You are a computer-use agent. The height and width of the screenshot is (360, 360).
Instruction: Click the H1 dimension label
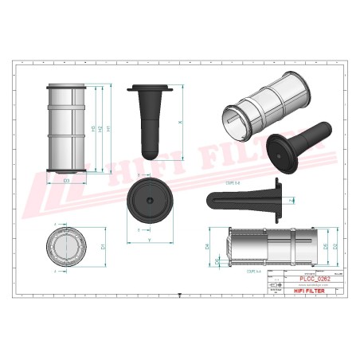tap(109, 129)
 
